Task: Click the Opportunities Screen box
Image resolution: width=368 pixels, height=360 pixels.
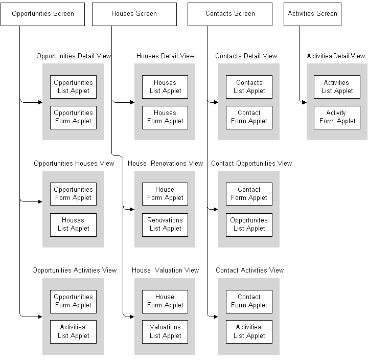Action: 43,13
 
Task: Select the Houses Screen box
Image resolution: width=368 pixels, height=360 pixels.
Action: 134,13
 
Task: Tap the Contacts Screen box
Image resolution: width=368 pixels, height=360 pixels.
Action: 230,13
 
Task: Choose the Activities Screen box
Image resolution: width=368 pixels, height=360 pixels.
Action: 312,13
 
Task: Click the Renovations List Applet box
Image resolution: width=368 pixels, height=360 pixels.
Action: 165,224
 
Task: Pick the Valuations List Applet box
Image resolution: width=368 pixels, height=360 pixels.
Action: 165,331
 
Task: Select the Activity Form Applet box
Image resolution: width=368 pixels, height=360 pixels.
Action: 337,117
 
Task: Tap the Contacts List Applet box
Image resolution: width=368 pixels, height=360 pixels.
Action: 249,87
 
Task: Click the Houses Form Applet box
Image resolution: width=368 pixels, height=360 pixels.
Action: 165,117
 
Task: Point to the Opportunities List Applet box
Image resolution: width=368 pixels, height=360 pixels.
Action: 73,87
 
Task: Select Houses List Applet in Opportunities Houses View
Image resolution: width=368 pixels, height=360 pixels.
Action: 73,224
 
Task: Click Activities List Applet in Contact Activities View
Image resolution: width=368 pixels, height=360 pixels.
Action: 249,331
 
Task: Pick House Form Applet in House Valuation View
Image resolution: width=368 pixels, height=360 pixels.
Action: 165,301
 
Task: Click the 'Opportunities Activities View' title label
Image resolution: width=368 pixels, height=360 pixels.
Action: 75,270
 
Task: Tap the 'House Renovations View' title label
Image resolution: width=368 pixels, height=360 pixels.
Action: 166,163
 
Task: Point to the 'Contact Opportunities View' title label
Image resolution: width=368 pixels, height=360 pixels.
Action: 251,163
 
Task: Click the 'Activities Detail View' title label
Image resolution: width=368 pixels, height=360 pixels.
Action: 336,56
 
